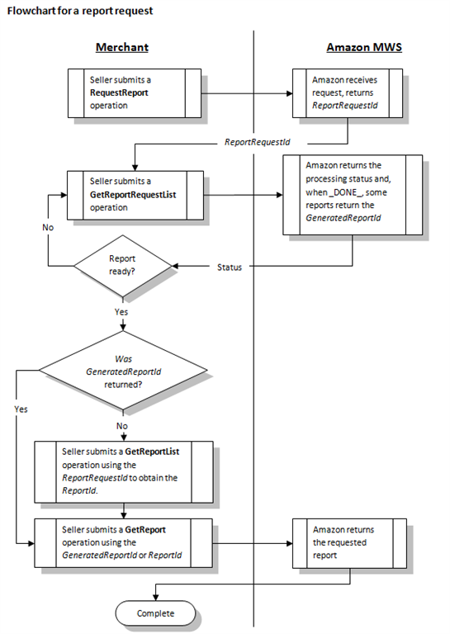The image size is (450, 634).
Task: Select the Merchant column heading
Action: coord(122,48)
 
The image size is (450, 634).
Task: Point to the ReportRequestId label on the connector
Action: coord(258,142)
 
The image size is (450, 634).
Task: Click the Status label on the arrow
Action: coord(230,267)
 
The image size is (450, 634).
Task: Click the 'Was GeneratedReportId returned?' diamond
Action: coord(122,372)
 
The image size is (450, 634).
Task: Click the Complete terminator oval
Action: coord(155,613)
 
